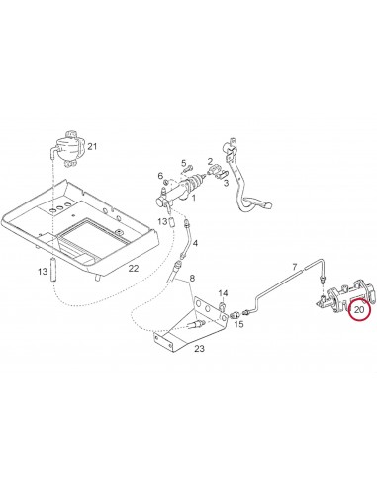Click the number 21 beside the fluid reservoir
pos(92,146)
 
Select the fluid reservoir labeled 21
pos(67,149)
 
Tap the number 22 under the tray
pos(134,269)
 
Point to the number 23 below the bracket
pos(199,348)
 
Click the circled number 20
pos(358,310)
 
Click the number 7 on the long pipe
pos(295,266)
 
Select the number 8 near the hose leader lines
pos(192,278)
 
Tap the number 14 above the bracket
pos(223,293)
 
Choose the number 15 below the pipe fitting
pos(238,324)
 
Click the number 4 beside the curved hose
pos(195,243)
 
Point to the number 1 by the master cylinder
pos(194,198)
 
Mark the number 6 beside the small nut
pos(160,175)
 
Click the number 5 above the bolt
pos(184,163)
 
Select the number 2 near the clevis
pos(210,161)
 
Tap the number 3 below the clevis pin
pos(226,183)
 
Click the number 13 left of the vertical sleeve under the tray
pos(43,272)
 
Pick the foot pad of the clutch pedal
pos(269,205)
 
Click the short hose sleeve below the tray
pos(53,270)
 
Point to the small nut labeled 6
pos(166,182)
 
